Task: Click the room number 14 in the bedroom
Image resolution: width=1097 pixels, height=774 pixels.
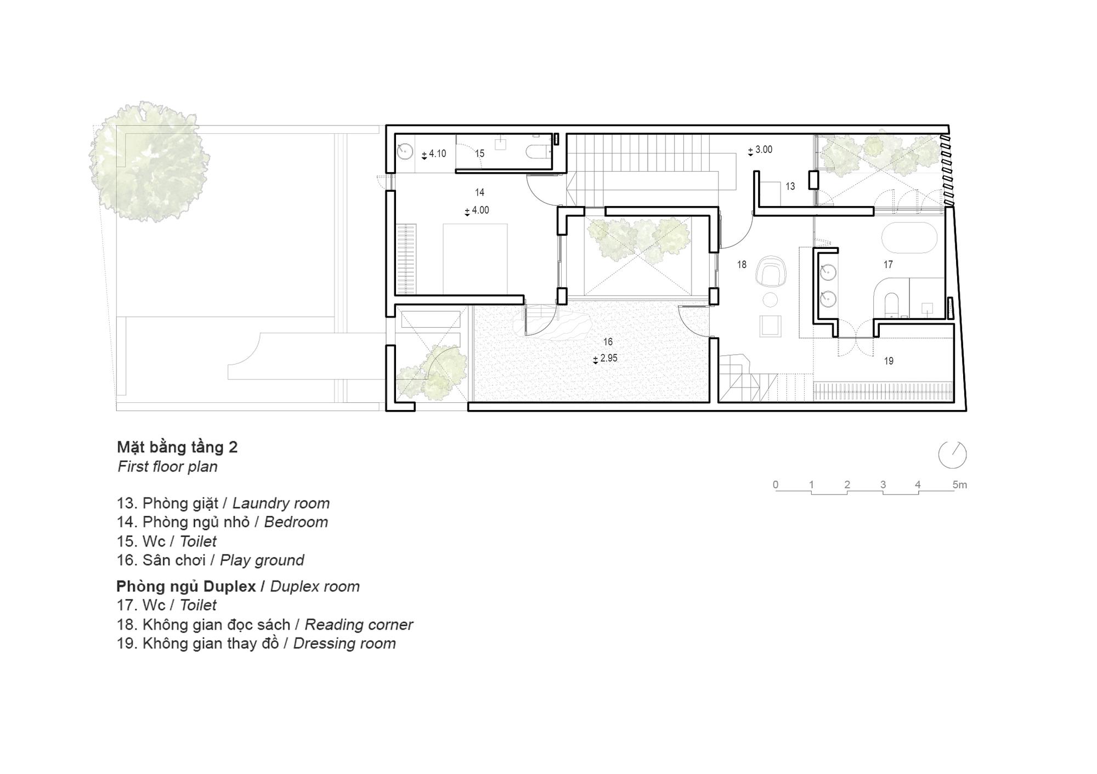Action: (480, 192)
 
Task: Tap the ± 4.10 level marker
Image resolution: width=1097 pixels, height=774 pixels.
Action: (434, 154)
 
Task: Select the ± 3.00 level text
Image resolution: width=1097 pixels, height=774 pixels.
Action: (760, 150)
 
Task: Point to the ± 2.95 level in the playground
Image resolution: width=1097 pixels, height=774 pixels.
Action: (605, 358)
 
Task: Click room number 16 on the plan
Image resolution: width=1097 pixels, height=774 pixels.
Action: (608, 342)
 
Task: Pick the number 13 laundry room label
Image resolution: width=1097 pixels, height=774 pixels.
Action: (790, 186)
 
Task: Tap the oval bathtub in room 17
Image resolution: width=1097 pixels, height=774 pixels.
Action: (909, 237)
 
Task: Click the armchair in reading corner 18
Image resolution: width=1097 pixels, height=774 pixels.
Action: (771, 273)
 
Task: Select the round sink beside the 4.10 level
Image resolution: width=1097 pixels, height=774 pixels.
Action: (405, 151)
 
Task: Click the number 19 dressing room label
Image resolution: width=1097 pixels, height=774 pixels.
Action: (889, 361)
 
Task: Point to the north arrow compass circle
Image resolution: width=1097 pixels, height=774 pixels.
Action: (952, 455)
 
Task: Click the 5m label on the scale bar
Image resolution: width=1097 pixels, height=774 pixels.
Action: (959, 485)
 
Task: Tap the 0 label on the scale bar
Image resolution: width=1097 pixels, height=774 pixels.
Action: (775, 485)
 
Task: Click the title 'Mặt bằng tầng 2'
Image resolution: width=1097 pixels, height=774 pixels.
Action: (177, 448)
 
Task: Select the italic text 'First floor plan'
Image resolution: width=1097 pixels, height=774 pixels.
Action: (167, 466)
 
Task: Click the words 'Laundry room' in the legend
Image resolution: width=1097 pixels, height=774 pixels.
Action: (281, 503)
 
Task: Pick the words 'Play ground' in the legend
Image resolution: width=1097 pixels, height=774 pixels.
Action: (262, 560)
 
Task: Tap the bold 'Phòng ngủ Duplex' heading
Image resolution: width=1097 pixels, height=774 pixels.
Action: (186, 587)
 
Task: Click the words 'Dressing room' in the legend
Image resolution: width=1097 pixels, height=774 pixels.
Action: (344, 644)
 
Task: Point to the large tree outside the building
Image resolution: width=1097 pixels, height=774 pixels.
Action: (149, 161)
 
